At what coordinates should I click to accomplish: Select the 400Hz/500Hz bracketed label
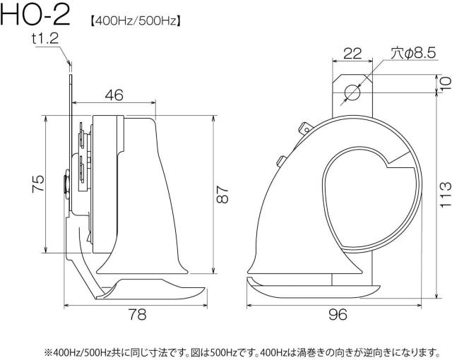tap(136, 20)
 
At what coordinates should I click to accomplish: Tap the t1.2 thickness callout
tap(45, 39)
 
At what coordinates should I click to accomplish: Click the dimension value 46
tap(114, 95)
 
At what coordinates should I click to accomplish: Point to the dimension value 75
tap(38, 184)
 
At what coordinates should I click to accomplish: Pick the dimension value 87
tap(222, 194)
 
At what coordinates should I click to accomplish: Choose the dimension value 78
tap(137, 314)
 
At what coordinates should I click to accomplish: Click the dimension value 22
tap(352, 54)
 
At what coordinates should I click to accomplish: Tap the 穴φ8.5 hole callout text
tap(413, 53)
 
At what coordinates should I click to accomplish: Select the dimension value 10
tap(446, 83)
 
